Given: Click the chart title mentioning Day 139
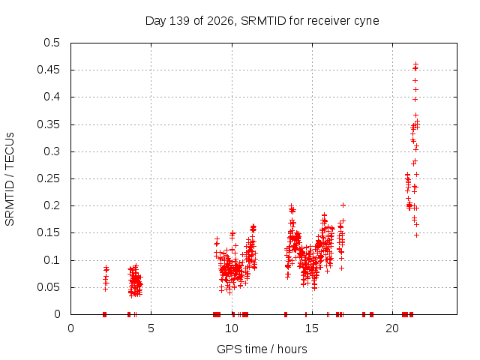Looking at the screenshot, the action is (x=262, y=21).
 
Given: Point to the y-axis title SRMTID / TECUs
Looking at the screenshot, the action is (x=10, y=179).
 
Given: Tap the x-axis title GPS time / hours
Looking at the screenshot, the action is (x=262, y=349).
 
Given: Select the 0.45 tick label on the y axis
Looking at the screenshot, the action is (x=48, y=70).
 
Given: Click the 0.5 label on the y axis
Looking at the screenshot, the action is (x=52, y=43).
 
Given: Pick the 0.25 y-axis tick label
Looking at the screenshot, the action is (x=48, y=178).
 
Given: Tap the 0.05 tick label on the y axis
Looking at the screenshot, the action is (x=48, y=287).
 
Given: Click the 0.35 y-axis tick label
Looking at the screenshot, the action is (x=48, y=124).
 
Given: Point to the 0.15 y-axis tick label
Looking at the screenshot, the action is (x=48, y=232).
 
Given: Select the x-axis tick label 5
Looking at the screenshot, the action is (x=151, y=328).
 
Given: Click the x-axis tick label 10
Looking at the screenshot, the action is (x=232, y=328).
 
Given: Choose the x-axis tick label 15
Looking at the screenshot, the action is (x=312, y=328).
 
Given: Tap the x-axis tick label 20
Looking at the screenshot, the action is (x=392, y=328).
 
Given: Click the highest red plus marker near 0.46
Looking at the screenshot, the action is (x=415, y=64).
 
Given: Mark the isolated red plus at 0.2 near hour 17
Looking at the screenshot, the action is (x=343, y=205).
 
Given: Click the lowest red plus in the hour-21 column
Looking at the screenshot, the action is (x=416, y=235).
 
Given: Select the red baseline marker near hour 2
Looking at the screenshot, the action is (x=104, y=314).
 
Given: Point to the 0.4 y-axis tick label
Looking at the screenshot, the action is (x=52, y=97).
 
